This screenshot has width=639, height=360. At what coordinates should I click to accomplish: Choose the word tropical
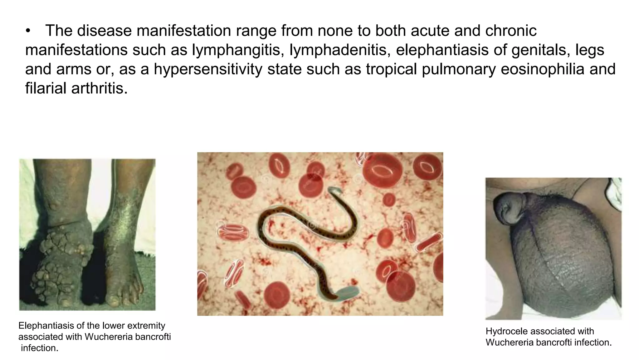[x=391, y=69]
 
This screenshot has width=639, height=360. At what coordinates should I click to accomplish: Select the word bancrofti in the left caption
[x=153, y=337]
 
